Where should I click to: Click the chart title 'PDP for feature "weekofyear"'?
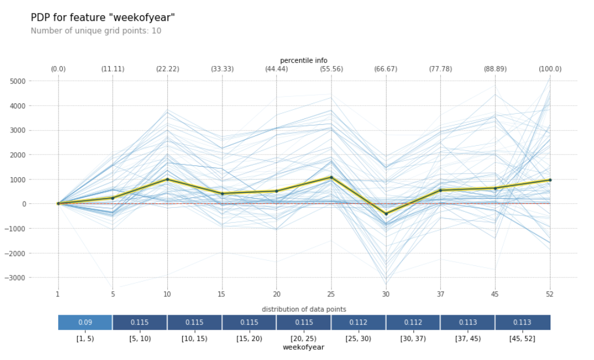pyautogui.click(x=103, y=18)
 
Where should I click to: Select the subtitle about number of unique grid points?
pyautogui.click(x=96, y=31)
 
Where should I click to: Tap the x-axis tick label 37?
pyautogui.click(x=440, y=294)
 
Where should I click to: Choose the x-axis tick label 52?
pyautogui.click(x=549, y=294)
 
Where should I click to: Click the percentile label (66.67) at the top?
pyautogui.click(x=386, y=69)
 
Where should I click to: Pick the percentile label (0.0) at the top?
pyautogui.click(x=58, y=69)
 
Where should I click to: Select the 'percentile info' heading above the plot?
pyautogui.click(x=304, y=60)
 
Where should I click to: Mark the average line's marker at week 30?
pyautogui.click(x=386, y=214)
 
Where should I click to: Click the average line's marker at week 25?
pyautogui.click(x=331, y=178)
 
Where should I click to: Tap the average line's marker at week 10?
pyautogui.click(x=167, y=179)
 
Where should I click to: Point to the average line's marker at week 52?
pyautogui.click(x=549, y=180)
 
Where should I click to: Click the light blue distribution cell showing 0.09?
pyautogui.click(x=85, y=322)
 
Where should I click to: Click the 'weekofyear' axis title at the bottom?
pyautogui.click(x=304, y=347)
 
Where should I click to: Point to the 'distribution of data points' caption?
pyautogui.click(x=304, y=309)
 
